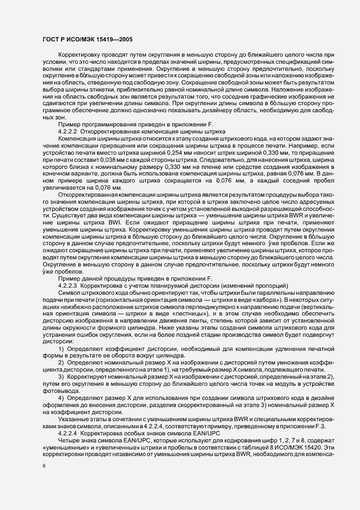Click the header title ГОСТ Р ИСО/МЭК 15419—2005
click(x=87, y=39)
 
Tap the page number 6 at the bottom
click(x=44, y=466)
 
